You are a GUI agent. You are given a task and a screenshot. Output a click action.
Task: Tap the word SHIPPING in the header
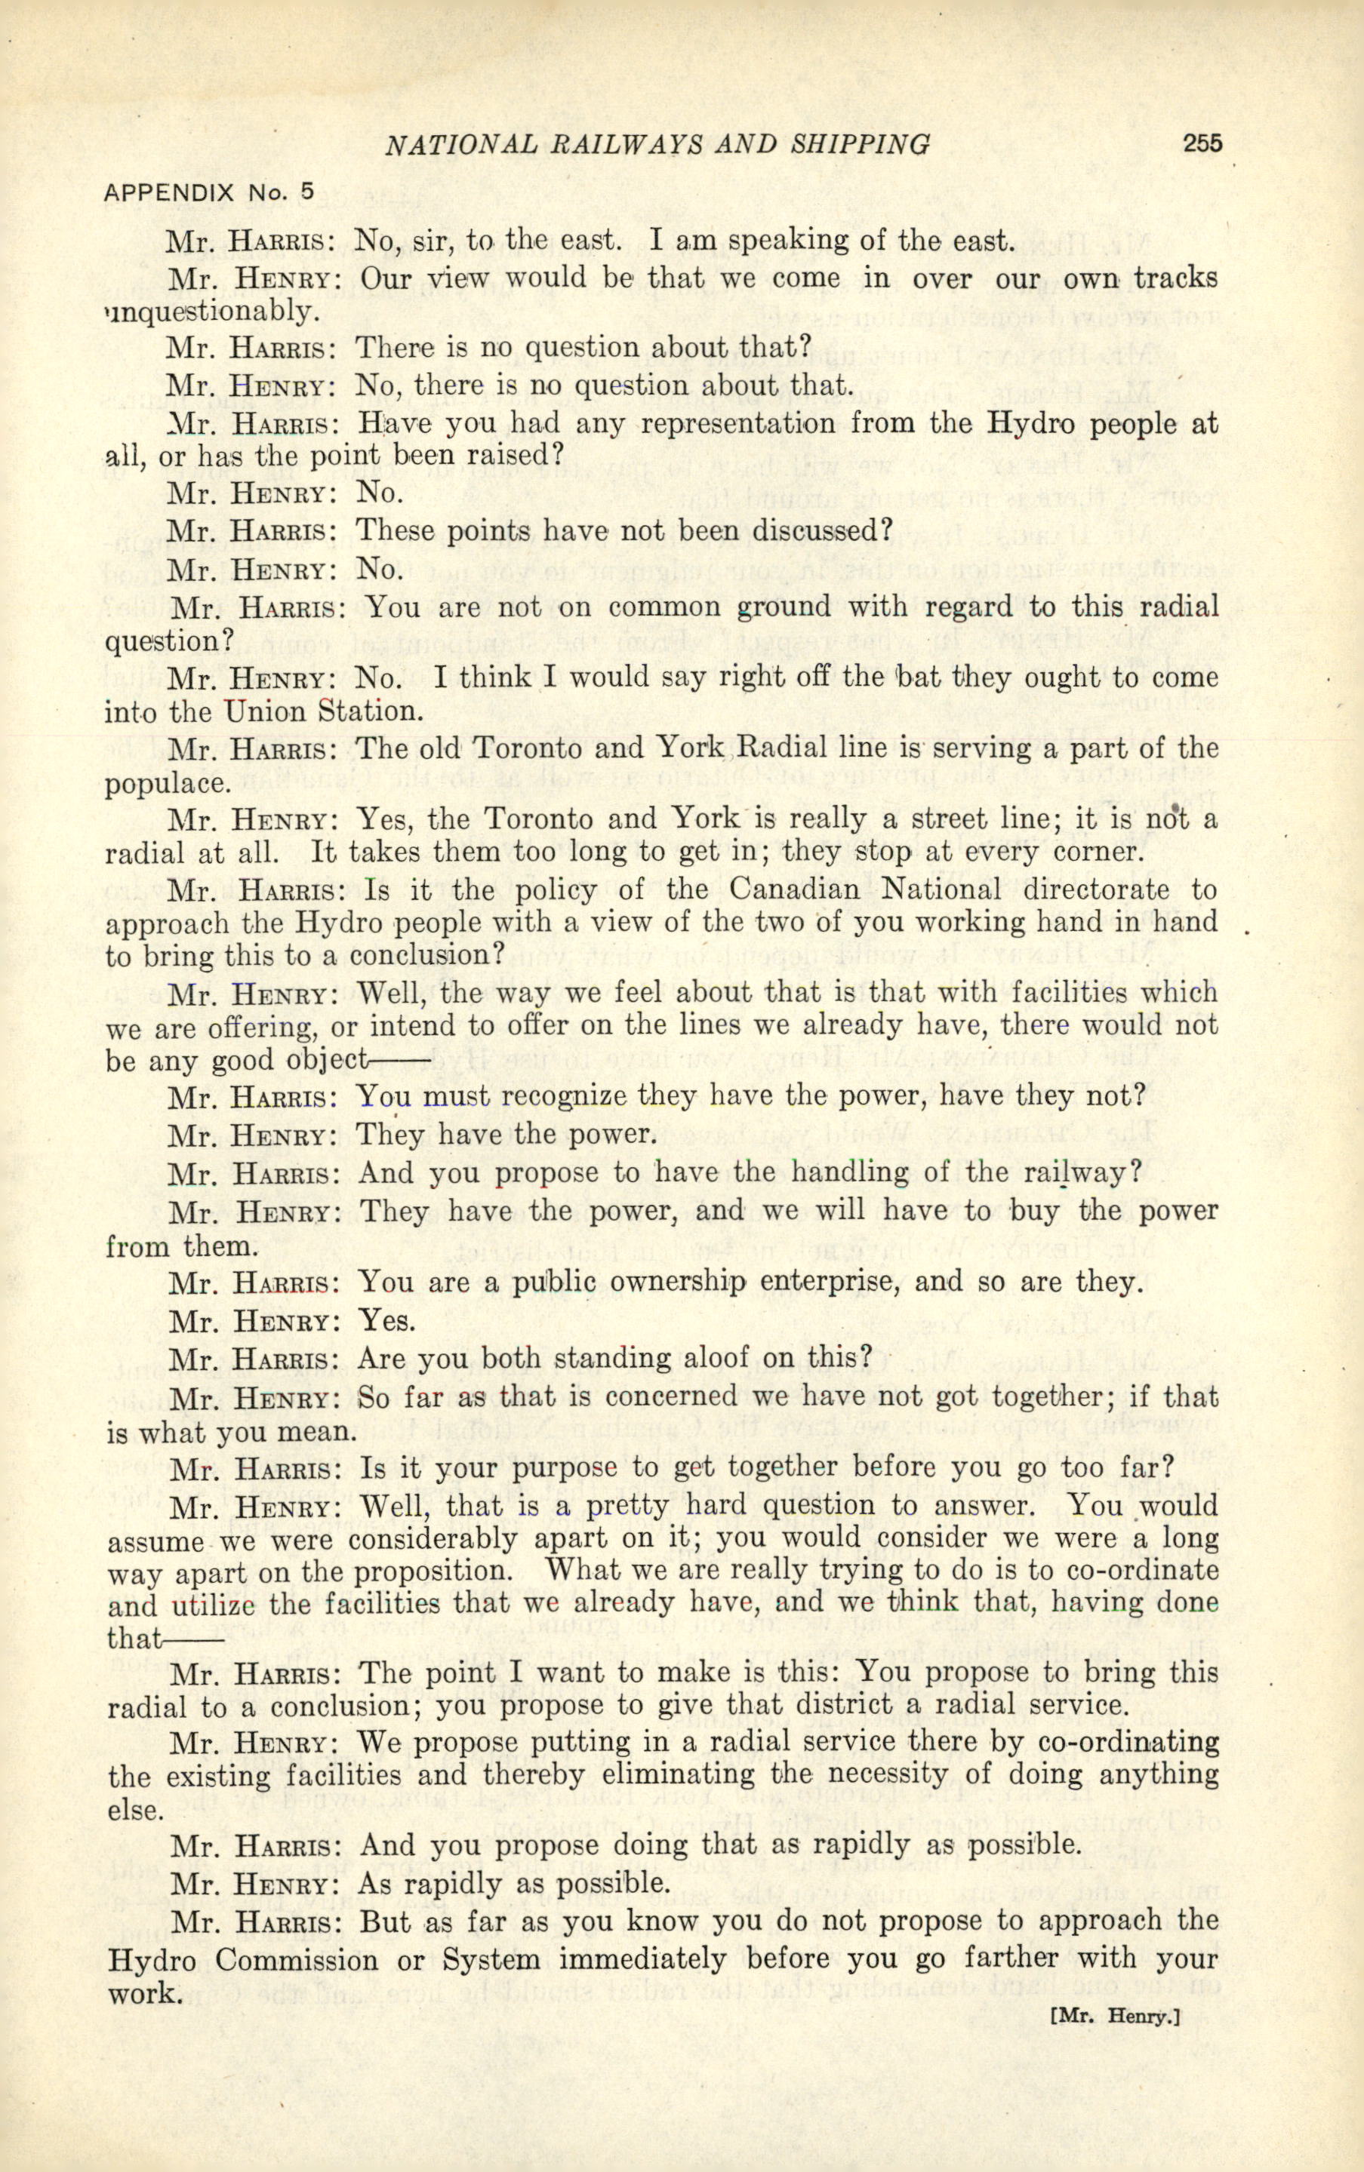click(x=860, y=144)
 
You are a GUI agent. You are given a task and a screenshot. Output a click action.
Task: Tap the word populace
click(x=168, y=784)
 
